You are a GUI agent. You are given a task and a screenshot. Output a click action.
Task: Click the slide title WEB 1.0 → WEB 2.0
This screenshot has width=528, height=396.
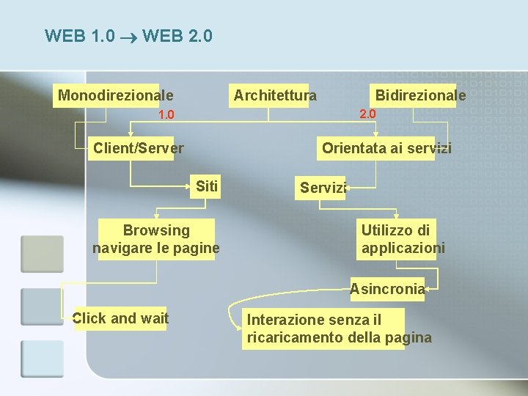[x=129, y=35]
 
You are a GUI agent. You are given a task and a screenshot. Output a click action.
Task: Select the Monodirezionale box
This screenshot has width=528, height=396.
[x=116, y=95]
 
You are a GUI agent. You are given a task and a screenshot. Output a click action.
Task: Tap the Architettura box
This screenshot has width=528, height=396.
[x=275, y=95]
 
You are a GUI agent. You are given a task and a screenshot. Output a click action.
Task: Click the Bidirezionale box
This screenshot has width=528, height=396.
[x=420, y=95]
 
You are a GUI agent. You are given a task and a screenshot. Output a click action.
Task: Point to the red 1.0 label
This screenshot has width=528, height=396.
[x=166, y=115]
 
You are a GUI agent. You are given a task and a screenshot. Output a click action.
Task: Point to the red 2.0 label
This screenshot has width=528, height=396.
[x=367, y=114]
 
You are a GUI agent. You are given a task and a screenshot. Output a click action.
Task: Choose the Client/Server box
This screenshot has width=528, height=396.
[x=139, y=148]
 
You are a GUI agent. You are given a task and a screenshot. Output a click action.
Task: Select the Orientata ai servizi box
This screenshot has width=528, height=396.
[x=386, y=148]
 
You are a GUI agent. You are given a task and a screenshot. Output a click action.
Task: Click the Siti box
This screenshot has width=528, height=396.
[x=207, y=186]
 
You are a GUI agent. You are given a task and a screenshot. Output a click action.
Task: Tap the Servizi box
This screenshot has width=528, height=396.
[x=323, y=188]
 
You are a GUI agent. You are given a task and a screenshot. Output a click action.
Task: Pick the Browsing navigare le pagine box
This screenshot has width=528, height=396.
[x=156, y=240]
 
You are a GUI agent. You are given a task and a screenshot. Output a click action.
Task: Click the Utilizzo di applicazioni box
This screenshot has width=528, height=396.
[x=403, y=240]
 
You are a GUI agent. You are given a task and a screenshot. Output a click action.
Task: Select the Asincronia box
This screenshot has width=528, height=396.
[x=387, y=289]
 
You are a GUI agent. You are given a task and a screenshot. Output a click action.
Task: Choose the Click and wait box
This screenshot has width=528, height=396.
[x=121, y=318]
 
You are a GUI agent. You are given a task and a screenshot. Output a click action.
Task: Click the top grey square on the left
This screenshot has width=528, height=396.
[x=42, y=254]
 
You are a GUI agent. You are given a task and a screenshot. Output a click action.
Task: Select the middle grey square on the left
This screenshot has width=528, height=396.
[x=42, y=307]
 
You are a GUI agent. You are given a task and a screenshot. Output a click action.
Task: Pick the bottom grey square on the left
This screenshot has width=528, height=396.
[x=42, y=359]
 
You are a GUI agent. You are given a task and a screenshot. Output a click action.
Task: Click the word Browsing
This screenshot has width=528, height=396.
[x=156, y=231]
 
